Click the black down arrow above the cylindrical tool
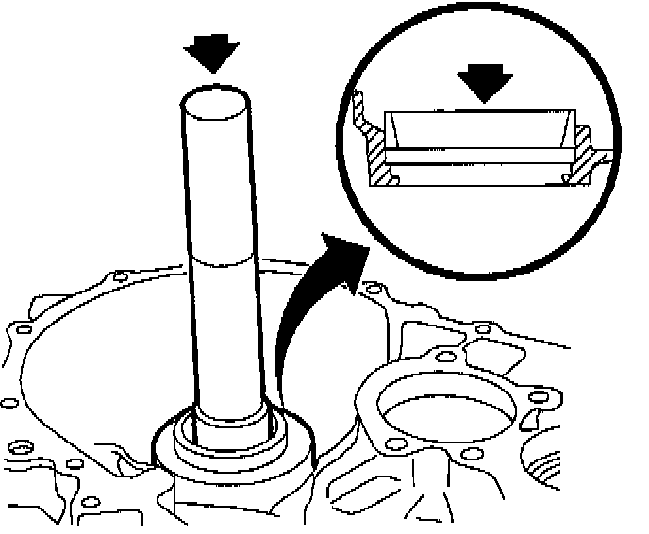(x=214, y=55)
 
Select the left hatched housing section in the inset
(x=374, y=156)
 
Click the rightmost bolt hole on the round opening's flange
(x=540, y=397)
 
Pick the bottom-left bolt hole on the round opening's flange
(x=397, y=444)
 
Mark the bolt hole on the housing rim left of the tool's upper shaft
(x=118, y=276)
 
